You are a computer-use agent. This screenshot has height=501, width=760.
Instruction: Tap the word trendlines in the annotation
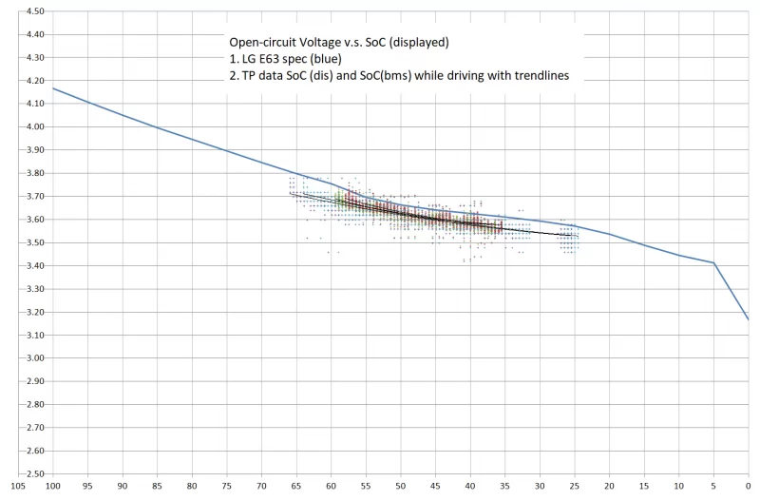pyautogui.click(x=535, y=77)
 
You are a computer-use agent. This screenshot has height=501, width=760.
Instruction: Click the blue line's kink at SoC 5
pyautogui.click(x=712, y=262)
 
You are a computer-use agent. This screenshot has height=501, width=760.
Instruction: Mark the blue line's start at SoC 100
pyautogui.click(x=53, y=88)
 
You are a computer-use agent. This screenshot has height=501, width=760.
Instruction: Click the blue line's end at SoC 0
pyautogui.click(x=748, y=318)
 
